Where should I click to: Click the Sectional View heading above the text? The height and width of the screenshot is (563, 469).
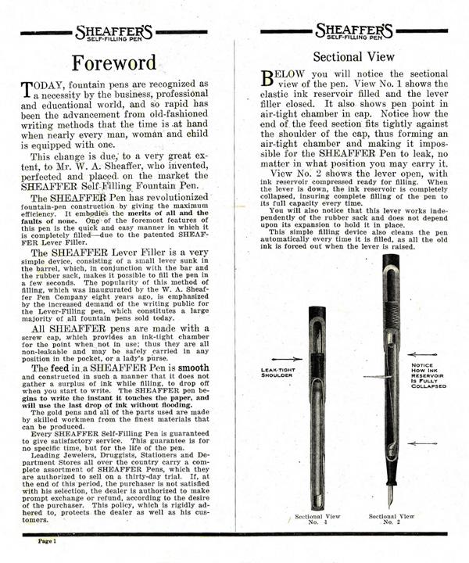click(353, 57)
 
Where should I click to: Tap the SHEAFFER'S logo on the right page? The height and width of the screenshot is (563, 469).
click(353, 32)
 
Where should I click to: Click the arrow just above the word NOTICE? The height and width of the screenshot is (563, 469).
click(429, 353)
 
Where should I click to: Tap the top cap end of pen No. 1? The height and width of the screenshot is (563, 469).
click(317, 310)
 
